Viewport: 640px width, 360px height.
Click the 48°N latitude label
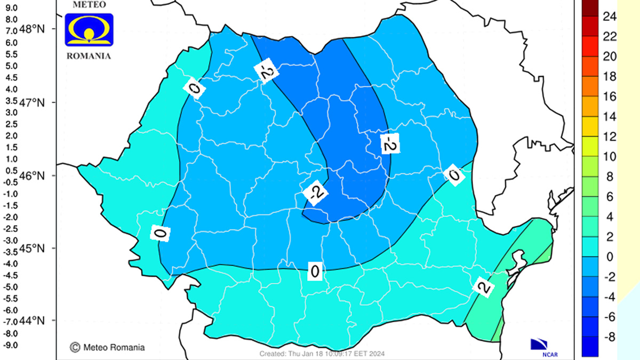[33, 29]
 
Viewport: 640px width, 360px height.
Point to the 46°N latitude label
[33, 175]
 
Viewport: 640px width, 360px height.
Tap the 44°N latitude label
[33, 321]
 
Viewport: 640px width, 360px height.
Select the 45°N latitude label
[33, 249]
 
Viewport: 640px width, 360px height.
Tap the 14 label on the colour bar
[595, 117]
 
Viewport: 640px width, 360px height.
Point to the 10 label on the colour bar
[595, 157]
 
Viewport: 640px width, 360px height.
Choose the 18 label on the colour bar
[595, 77]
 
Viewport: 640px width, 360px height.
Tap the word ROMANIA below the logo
[89, 55]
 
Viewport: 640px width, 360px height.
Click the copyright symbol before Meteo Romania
[75, 347]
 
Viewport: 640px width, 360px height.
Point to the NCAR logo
[543, 346]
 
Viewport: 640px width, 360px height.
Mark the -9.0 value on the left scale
[11, 345]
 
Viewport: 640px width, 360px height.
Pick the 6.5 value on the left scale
[11, 43]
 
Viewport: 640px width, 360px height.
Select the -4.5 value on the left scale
[11, 276]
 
